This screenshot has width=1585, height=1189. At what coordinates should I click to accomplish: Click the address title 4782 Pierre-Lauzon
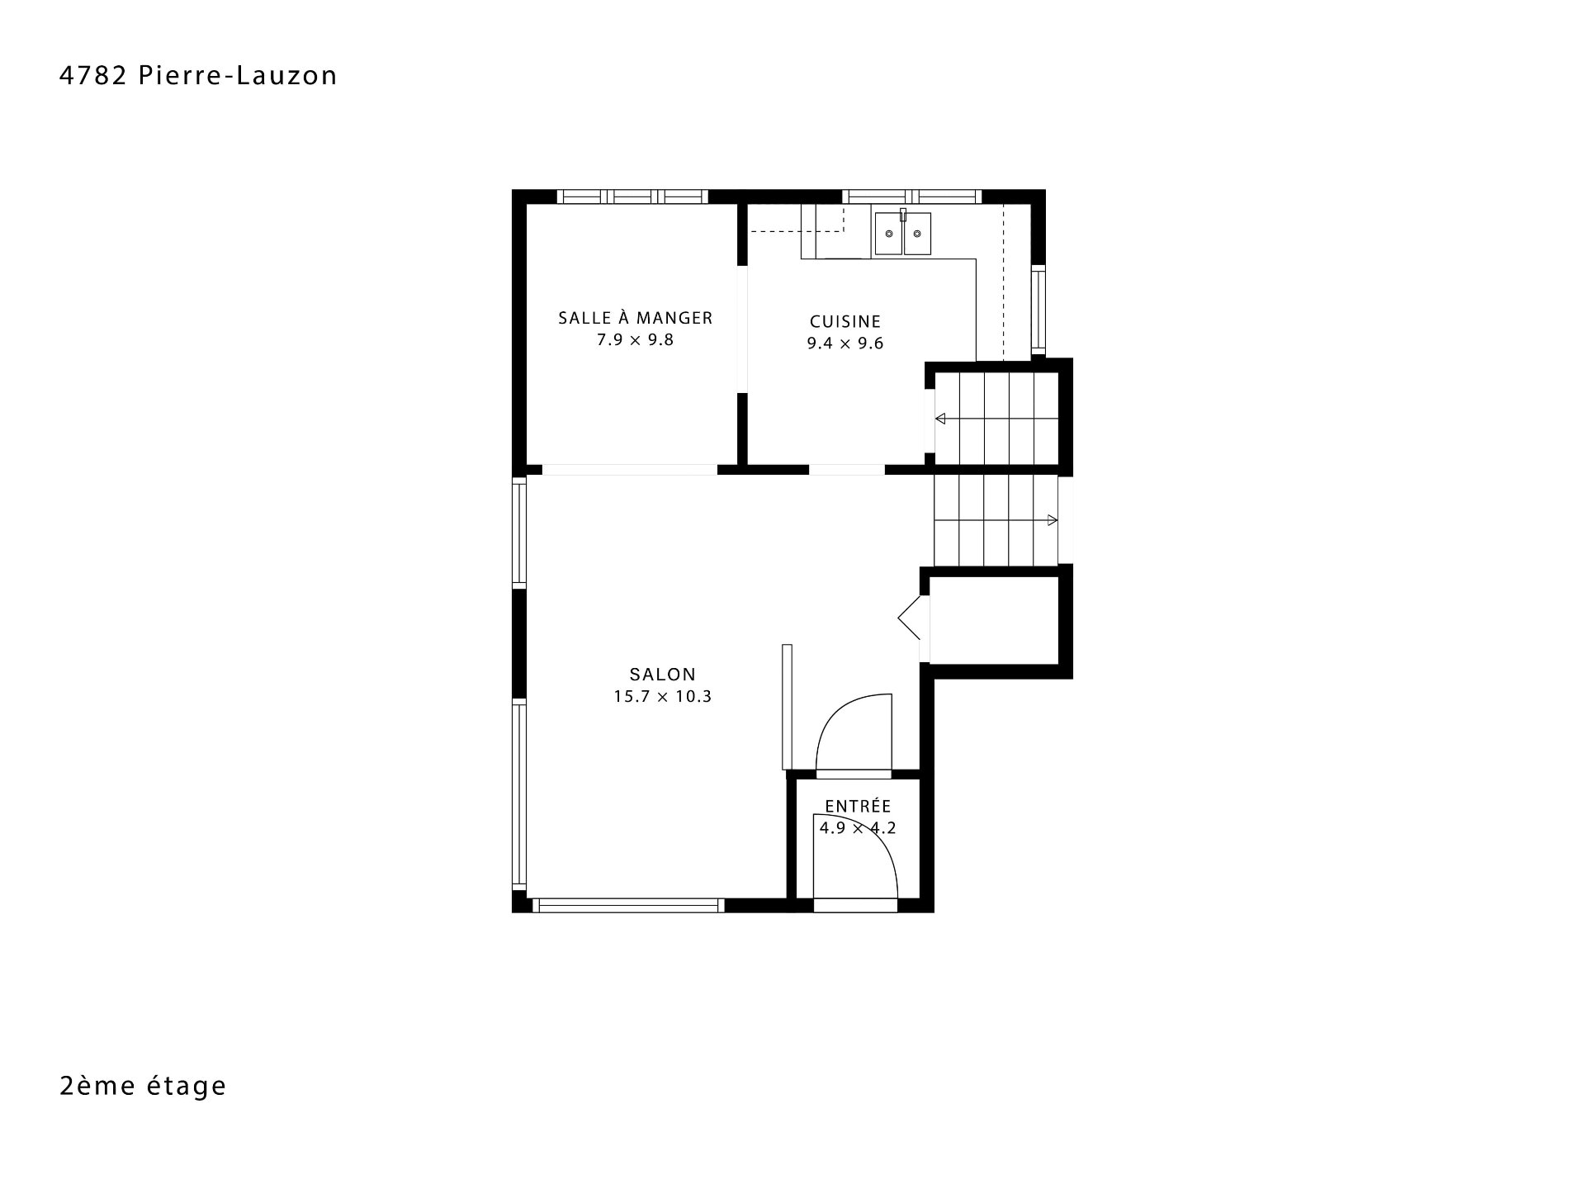pyautogui.click(x=198, y=76)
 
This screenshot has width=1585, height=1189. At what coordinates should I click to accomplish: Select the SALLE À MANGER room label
pyautogui.click(x=636, y=317)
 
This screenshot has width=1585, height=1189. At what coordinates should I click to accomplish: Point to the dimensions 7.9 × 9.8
pyautogui.click(x=636, y=340)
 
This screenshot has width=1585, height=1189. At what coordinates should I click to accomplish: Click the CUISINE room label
pyautogui.click(x=845, y=321)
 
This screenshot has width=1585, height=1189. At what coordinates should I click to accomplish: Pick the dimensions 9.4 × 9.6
pyautogui.click(x=845, y=343)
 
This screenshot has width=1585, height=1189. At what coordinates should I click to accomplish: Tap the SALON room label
pyautogui.click(x=662, y=674)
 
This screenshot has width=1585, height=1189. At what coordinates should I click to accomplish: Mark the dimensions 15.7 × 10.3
pyautogui.click(x=662, y=696)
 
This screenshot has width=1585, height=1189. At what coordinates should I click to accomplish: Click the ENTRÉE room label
pyautogui.click(x=858, y=806)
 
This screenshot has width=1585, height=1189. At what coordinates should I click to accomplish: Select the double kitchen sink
pyautogui.click(x=903, y=233)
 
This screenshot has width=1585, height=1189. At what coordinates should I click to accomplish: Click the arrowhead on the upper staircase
pyautogui.click(x=939, y=419)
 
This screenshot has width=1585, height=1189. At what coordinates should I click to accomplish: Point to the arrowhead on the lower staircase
pyautogui.click(x=1053, y=520)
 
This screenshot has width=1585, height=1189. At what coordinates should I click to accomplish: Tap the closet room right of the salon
pyautogui.click(x=994, y=620)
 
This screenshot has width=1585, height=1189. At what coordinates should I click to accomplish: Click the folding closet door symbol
pyautogui.click(x=909, y=618)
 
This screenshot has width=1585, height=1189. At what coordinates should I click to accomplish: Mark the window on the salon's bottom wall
pyautogui.click(x=628, y=906)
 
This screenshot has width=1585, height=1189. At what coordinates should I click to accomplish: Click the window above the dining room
pyautogui.click(x=632, y=197)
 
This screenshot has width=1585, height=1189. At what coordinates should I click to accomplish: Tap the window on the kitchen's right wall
pyautogui.click(x=1039, y=310)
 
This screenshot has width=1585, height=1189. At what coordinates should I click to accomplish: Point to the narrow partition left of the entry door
pyautogui.click(x=787, y=707)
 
